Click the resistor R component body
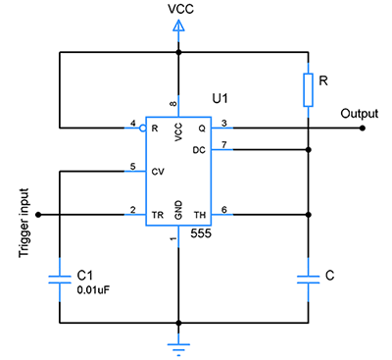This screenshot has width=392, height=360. (309, 89)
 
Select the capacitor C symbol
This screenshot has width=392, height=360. (309, 279)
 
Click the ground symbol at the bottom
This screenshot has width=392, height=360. (178, 344)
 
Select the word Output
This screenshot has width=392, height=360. (359, 113)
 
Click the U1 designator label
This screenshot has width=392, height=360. (222, 99)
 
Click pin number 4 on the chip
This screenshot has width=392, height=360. (134, 122)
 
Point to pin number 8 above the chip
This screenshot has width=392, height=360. (174, 102)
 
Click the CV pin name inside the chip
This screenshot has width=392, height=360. (156, 171)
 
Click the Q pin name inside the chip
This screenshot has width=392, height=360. (203, 128)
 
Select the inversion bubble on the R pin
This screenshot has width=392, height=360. (144, 128)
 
